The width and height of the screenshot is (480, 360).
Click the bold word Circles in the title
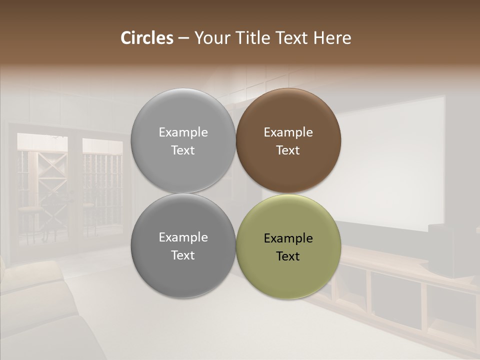[147, 38]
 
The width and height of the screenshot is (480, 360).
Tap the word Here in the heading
[332, 38]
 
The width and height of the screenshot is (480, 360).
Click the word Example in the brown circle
[288, 132]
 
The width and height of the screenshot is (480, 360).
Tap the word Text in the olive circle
[288, 256]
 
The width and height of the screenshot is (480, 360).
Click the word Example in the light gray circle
[183, 132]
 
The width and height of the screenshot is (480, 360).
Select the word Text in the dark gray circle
[183, 255]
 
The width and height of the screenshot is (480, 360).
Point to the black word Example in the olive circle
[288, 238]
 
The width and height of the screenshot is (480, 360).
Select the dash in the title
[183, 38]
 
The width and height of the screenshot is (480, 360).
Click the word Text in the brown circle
[288, 150]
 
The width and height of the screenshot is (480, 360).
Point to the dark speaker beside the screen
[442, 250]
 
